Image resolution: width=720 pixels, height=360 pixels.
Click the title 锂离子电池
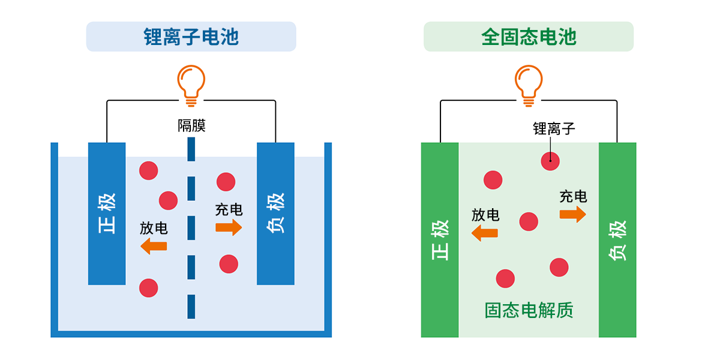click(191, 37)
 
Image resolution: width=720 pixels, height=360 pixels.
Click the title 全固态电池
click(529, 37)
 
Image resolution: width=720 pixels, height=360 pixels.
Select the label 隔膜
click(191, 126)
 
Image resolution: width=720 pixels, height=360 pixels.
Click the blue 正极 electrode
click(107, 214)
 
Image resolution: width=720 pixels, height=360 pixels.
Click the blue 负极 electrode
click(275, 214)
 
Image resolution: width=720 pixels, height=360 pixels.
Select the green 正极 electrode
click(440, 240)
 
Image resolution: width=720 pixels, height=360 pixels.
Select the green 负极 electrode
click(617, 240)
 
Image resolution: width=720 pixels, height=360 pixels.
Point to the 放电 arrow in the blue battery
click(154, 245)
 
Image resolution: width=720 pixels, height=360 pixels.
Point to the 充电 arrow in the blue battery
click(229, 227)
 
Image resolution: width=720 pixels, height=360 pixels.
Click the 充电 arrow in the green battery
click(572, 214)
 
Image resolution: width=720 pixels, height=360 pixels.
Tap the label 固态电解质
click(529, 310)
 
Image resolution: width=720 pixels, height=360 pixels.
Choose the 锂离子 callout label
click(554, 128)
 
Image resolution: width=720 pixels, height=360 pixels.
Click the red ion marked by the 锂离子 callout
click(550, 161)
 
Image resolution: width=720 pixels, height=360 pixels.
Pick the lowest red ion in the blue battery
click(148, 288)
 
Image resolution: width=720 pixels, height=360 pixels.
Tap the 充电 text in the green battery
click(573, 196)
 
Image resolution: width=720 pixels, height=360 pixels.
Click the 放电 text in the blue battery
click(154, 228)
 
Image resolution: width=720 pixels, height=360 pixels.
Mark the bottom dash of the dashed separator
click(191, 307)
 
